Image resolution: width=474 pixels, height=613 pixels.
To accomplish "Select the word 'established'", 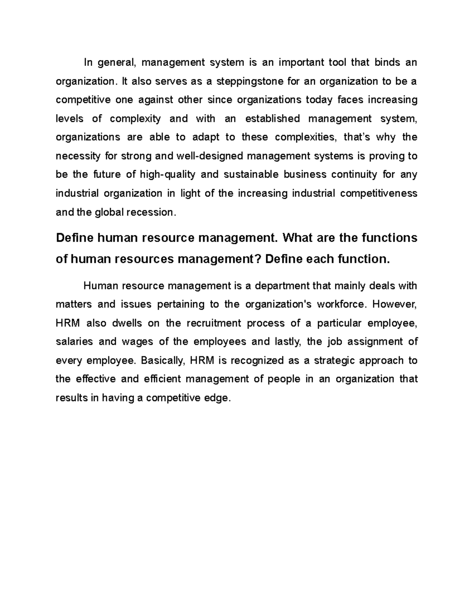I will click(x=273, y=119).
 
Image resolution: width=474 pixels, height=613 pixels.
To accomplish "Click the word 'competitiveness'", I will click(x=378, y=193).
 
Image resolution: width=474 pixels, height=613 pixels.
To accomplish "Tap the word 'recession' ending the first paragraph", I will click(x=149, y=212).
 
